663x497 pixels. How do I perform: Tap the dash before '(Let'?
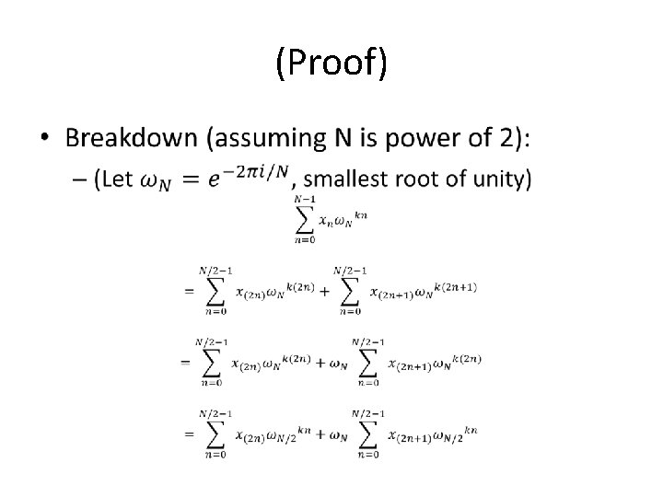tap(76, 179)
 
